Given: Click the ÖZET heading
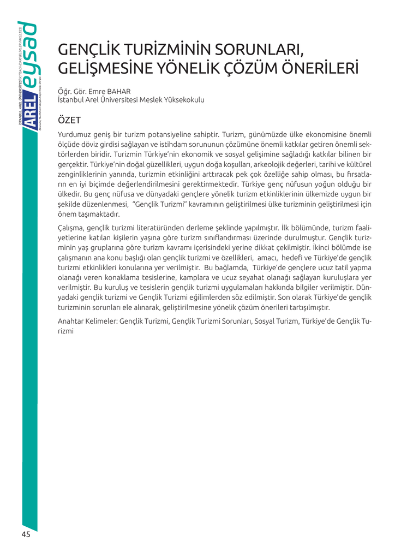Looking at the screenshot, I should point(69,120).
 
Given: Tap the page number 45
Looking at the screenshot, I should point(26,534).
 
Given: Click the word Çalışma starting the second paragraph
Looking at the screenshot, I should point(73,227).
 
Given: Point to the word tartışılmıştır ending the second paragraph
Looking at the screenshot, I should point(307,307).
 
